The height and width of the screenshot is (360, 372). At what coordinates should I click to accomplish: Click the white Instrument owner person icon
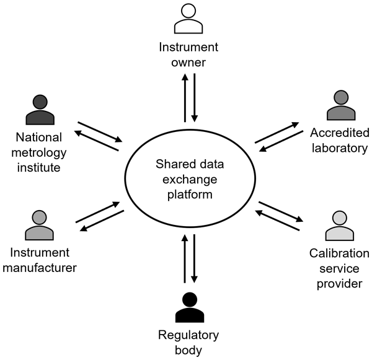(x=189, y=19)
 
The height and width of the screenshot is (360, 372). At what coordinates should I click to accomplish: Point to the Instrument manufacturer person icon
(x=38, y=226)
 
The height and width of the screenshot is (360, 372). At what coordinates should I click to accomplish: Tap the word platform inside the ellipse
(x=189, y=195)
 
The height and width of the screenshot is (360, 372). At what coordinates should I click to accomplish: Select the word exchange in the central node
(x=189, y=180)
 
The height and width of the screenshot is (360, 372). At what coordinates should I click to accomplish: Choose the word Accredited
(x=340, y=133)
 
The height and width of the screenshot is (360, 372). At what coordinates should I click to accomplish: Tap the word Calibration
(x=340, y=254)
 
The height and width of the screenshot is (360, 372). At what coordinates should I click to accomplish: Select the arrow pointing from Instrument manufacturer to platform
(x=97, y=211)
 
